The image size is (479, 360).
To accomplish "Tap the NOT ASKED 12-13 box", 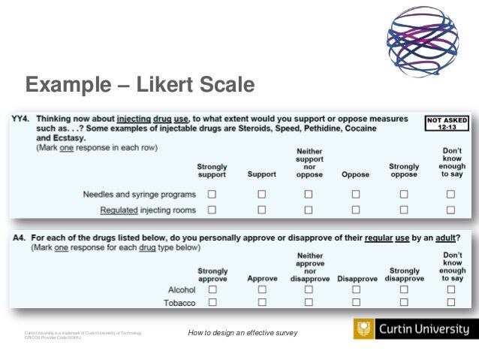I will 448,124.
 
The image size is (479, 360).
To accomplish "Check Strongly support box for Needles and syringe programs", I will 212,194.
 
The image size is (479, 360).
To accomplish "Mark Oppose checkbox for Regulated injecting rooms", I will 356,210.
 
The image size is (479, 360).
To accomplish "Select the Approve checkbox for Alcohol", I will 262,289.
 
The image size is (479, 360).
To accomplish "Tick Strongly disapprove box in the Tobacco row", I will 404,303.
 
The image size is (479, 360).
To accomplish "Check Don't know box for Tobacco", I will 451,303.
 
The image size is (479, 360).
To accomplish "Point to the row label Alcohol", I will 182,289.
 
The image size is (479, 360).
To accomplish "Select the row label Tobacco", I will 180,303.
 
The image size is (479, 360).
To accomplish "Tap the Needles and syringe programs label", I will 139,195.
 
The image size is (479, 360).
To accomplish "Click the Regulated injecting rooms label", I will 148,210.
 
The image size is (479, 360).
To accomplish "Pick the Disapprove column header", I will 357,278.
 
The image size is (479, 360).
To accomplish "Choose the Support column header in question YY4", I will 262,174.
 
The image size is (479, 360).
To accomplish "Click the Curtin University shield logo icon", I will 364,329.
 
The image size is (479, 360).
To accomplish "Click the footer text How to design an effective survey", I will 243,333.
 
